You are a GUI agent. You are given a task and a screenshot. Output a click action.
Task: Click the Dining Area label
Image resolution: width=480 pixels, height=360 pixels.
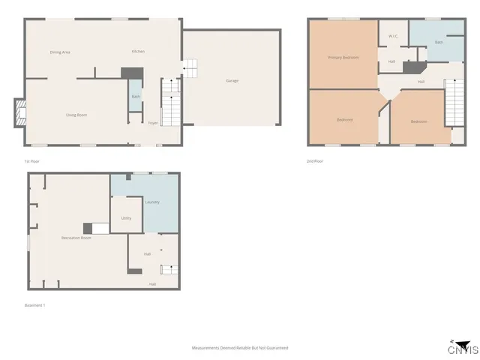click(x=60, y=52)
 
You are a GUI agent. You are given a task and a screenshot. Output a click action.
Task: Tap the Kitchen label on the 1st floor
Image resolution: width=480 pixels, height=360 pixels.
click(x=138, y=51)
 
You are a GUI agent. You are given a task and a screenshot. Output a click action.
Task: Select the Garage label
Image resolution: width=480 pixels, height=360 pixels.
click(x=232, y=80)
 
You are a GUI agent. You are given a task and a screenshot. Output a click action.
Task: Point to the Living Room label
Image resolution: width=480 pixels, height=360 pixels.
click(x=76, y=115)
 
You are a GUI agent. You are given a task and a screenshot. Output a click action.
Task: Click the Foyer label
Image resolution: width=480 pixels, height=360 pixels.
click(x=153, y=122)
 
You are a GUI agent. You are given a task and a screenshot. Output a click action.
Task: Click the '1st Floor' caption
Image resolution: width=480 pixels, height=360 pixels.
click(x=31, y=161)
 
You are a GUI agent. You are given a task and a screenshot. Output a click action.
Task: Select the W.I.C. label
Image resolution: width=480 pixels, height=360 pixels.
click(x=392, y=36)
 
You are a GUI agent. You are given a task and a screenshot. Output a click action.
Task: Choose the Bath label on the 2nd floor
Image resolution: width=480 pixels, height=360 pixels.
click(x=439, y=43)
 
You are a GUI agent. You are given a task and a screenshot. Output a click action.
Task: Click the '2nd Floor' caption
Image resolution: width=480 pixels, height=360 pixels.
click(x=315, y=161)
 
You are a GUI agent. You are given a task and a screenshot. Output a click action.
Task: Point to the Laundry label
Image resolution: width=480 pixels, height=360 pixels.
click(x=152, y=202)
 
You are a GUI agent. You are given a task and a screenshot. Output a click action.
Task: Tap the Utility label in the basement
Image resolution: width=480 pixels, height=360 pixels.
click(x=126, y=218)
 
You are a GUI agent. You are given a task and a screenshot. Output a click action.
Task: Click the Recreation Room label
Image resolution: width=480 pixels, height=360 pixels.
click(x=76, y=238)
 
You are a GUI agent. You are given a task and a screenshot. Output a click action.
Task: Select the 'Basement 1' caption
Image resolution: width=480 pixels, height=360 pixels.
click(x=35, y=305)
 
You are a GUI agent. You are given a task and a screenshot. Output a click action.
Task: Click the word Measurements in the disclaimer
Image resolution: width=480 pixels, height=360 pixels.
click(x=208, y=348)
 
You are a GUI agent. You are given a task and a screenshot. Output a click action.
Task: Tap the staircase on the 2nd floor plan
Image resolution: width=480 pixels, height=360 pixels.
click(x=455, y=105)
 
